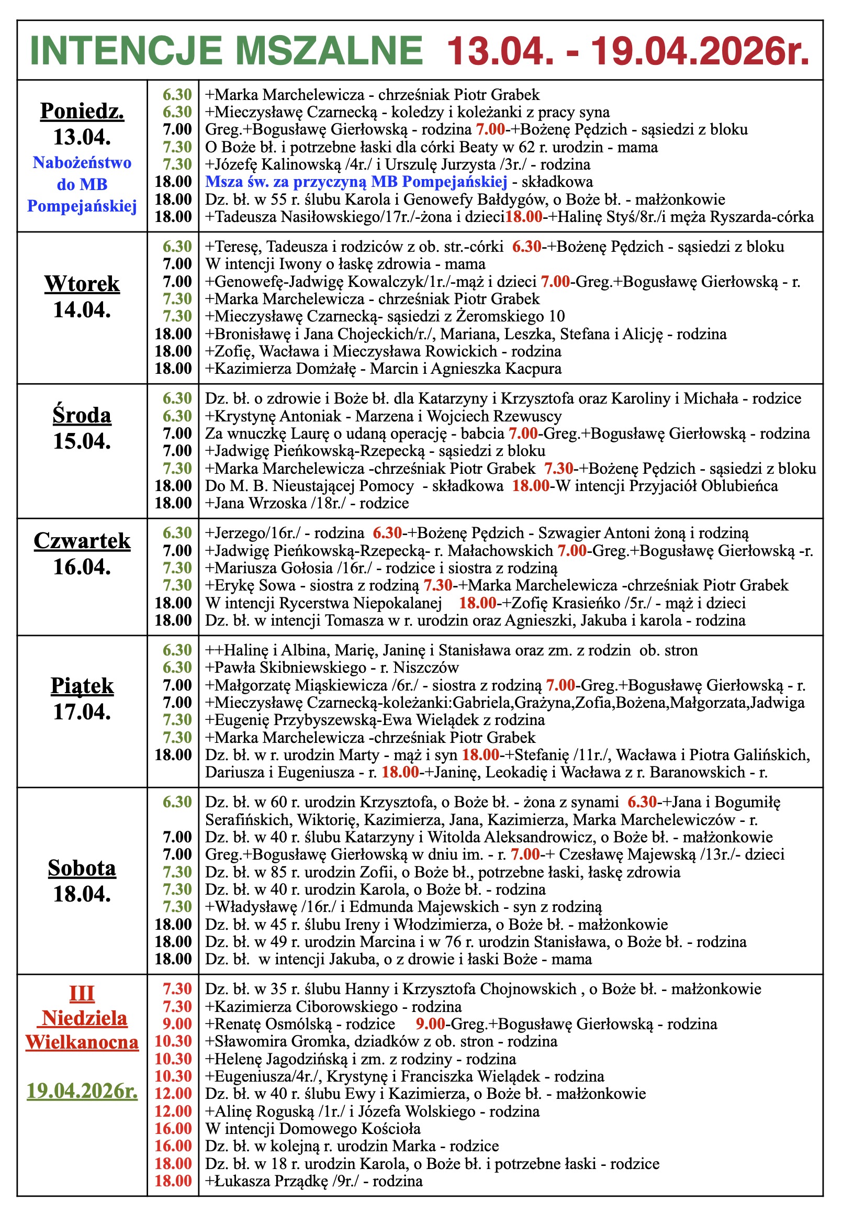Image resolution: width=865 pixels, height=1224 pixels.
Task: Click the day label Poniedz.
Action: point(82,111)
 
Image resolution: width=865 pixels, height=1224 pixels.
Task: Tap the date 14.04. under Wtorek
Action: point(82,309)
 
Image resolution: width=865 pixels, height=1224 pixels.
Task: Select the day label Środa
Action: point(82,415)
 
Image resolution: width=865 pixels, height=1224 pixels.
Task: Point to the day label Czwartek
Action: point(82,541)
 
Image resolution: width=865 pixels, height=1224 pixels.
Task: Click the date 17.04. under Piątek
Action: point(82,711)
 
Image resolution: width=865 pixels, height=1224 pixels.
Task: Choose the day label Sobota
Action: point(82,868)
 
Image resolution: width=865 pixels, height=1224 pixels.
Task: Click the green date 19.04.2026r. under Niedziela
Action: point(82,1091)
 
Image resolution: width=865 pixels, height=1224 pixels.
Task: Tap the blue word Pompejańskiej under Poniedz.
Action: point(82,206)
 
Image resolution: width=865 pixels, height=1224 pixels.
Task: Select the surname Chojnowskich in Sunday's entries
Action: point(527,989)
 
